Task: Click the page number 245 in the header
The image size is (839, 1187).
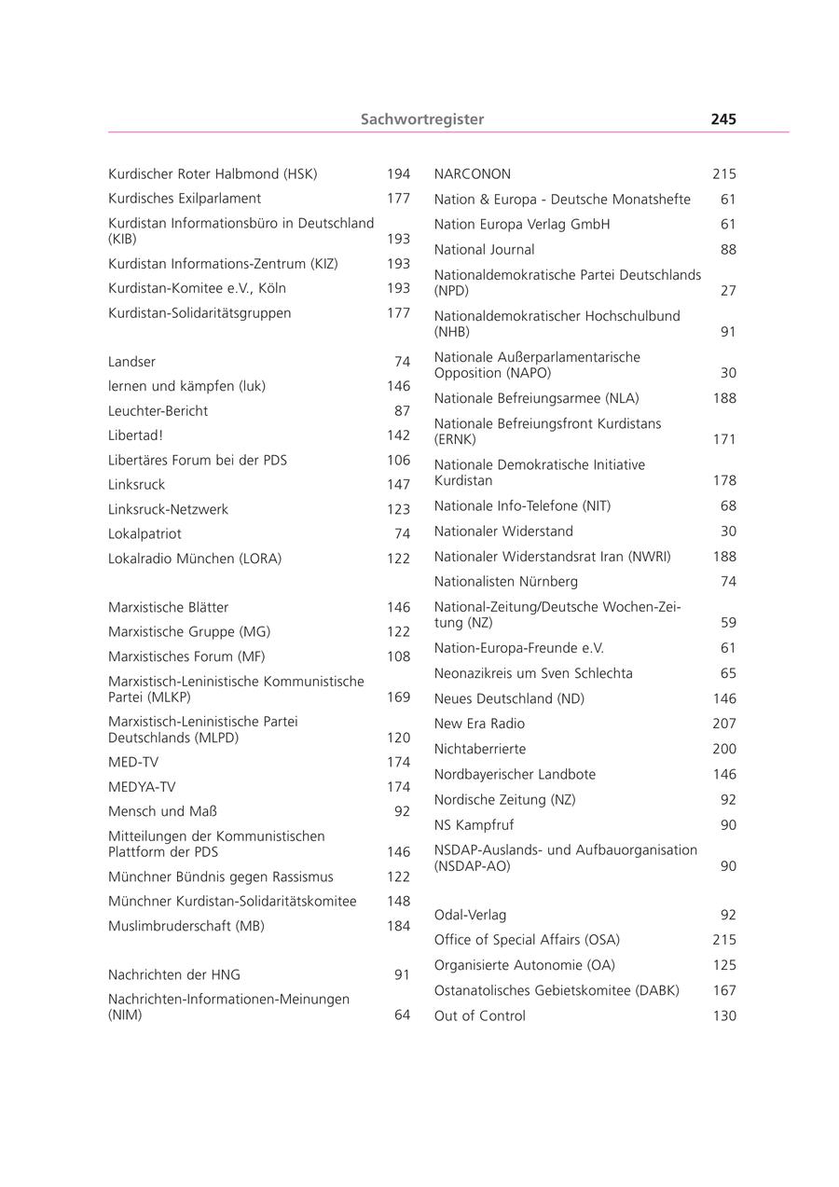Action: pyautogui.click(x=722, y=119)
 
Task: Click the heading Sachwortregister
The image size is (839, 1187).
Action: pyautogui.click(x=422, y=119)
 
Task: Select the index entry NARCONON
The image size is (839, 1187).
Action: pyautogui.click(x=473, y=174)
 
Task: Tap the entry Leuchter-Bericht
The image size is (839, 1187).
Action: pyautogui.click(x=158, y=411)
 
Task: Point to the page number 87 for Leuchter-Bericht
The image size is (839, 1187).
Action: pyautogui.click(x=402, y=411)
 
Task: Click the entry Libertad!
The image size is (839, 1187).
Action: pyautogui.click(x=135, y=435)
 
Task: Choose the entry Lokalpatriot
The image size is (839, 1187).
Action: pyautogui.click(x=144, y=534)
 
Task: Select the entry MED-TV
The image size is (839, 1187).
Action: pyautogui.click(x=133, y=763)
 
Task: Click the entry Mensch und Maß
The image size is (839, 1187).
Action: pyautogui.click(x=162, y=812)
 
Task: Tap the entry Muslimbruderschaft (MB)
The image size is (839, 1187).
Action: pyautogui.click(x=186, y=927)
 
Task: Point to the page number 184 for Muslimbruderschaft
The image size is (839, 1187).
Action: pyautogui.click(x=398, y=927)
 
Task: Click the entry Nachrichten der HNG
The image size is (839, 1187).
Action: pyautogui.click(x=174, y=975)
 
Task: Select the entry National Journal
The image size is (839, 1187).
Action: pyautogui.click(x=484, y=250)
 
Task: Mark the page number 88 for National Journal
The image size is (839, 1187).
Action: pyautogui.click(x=728, y=250)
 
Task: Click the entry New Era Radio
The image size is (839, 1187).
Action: pyautogui.click(x=479, y=725)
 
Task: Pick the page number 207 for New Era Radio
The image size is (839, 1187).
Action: pyautogui.click(x=724, y=725)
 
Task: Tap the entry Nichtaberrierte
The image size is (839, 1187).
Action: pyautogui.click(x=480, y=750)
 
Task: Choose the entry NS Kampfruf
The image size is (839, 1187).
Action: pyautogui.click(x=474, y=825)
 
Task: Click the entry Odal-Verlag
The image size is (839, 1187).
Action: pyautogui.click(x=470, y=916)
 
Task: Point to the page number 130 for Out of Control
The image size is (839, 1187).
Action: pyautogui.click(x=724, y=1016)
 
